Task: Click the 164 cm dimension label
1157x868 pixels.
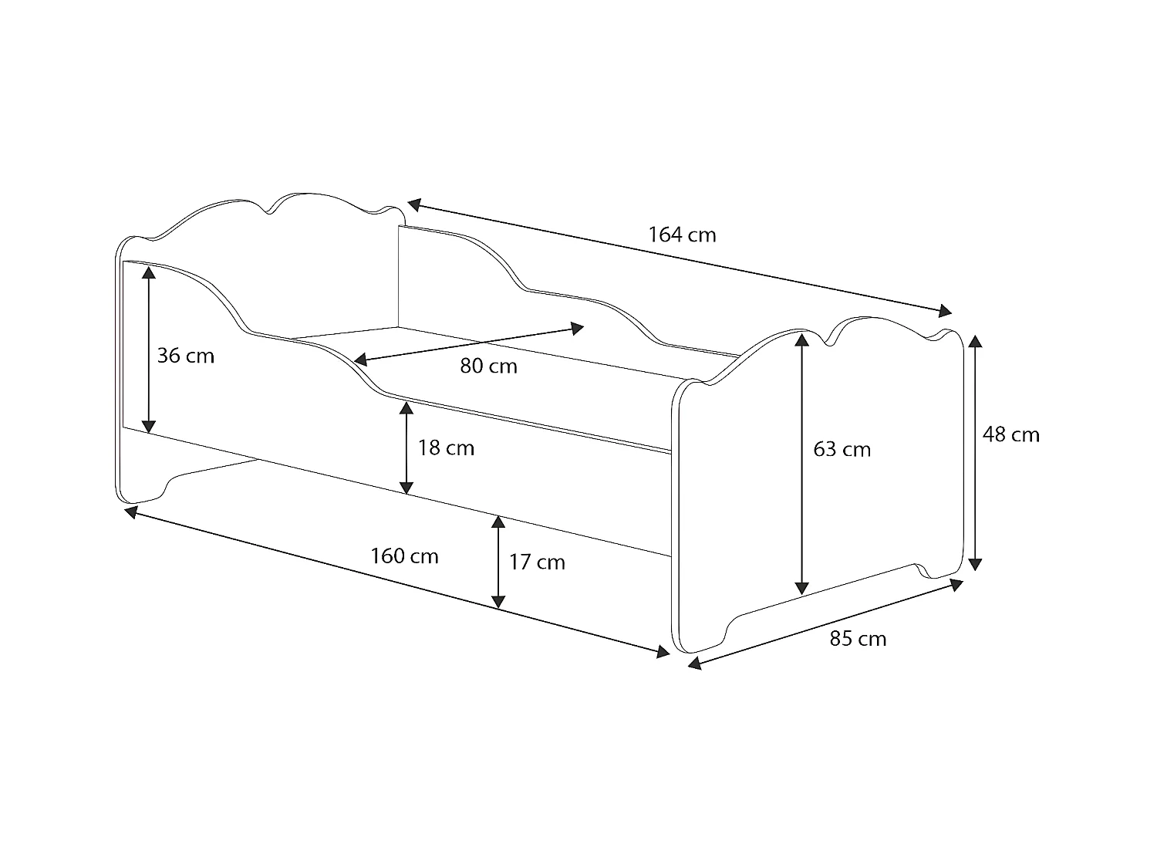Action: click(x=682, y=235)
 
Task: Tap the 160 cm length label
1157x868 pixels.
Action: click(x=404, y=556)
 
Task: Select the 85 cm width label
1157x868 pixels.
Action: click(x=858, y=639)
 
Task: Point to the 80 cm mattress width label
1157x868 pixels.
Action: click(x=488, y=366)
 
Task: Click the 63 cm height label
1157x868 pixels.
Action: click(x=842, y=449)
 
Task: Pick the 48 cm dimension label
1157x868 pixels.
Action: click(x=1010, y=435)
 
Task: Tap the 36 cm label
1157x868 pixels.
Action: click(x=186, y=356)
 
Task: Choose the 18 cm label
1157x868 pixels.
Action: click(x=446, y=448)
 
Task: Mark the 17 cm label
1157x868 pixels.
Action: click(x=537, y=562)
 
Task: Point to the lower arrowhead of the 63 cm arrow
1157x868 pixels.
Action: click(x=802, y=587)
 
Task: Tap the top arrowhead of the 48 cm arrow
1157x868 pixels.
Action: click(x=976, y=342)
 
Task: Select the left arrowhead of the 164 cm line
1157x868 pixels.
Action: click(x=414, y=204)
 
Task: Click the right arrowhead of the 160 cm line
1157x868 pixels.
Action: click(x=662, y=653)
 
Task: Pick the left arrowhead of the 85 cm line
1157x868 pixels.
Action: click(x=694, y=663)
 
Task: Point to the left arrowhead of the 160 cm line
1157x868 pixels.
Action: click(x=131, y=510)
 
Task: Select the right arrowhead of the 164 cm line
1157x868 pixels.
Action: click(x=944, y=311)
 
